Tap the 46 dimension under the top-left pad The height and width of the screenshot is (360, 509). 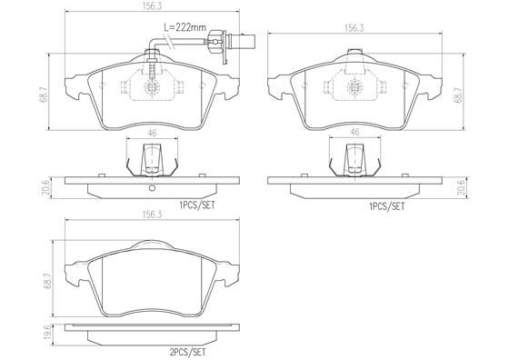(153, 134)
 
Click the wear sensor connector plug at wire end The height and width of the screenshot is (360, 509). (240, 40)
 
